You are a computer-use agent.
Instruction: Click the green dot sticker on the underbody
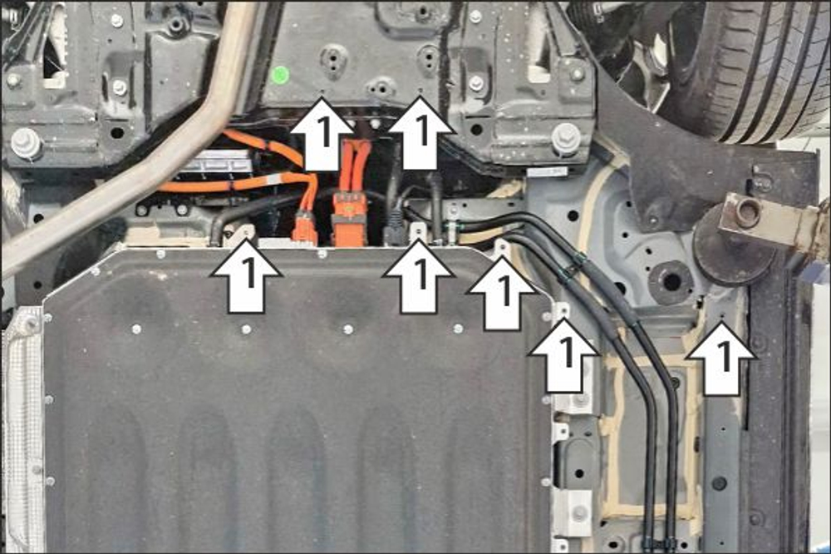(279, 74)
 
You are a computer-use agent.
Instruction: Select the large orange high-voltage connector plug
(349, 218)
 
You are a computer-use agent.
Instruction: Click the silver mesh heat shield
(22, 424)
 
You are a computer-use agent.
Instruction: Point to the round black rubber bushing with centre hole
(670, 282)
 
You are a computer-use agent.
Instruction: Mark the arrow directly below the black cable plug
(419, 276)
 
